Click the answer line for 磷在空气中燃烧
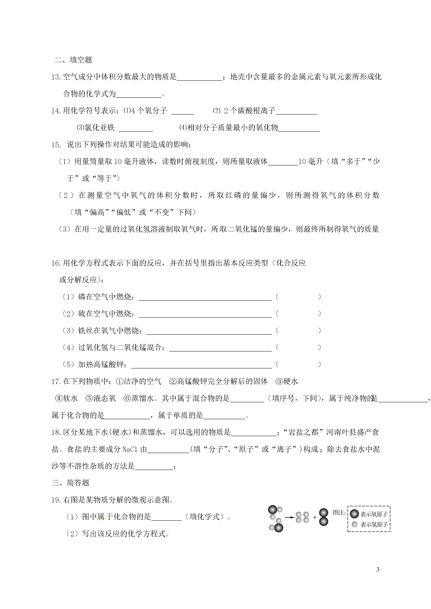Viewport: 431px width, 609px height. [x=205, y=298]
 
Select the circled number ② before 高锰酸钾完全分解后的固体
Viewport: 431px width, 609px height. [x=173, y=382]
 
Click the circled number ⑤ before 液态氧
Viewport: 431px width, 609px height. [x=89, y=398]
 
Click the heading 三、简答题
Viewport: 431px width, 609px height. [x=70, y=483]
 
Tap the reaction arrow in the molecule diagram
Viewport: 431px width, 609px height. [x=289, y=517]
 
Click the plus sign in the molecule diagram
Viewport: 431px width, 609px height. [x=315, y=517]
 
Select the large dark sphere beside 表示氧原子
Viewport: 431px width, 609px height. [x=354, y=514]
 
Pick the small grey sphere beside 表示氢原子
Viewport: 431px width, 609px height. [x=354, y=524]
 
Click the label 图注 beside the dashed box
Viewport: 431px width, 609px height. [x=339, y=512]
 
